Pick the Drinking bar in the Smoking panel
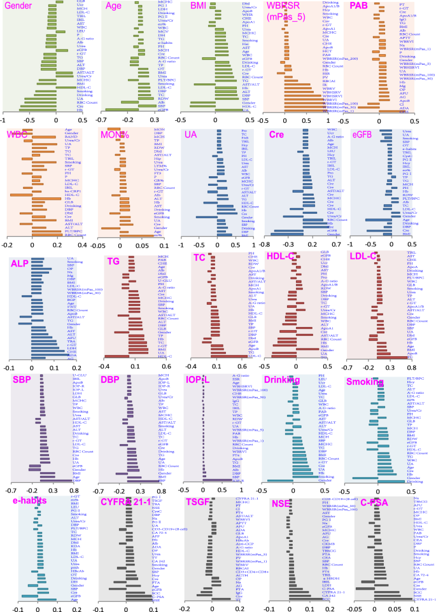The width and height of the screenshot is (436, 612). [388, 481]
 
